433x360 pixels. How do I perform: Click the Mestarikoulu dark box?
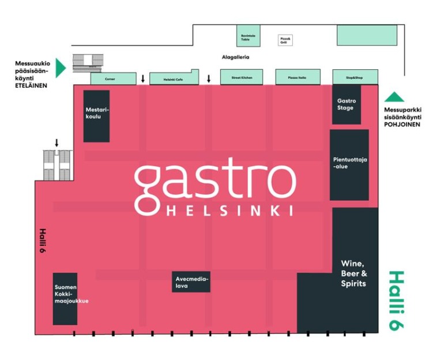pyautogui.click(x=96, y=116)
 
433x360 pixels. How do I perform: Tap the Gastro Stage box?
pyautogui.click(x=347, y=104)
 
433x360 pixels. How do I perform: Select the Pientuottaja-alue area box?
pyautogui.click(x=349, y=164)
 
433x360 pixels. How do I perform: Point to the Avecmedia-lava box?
pyautogui.click(x=191, y=281)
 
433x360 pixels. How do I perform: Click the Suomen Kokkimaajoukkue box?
pyautogui.click(x=65, y=298)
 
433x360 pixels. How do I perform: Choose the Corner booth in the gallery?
pyautogui.click(x=111, y=79)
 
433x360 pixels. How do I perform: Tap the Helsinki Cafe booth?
pyautogui.click(x=174, y=78)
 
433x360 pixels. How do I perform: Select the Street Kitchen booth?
pyautogui.click(x=242, y=77)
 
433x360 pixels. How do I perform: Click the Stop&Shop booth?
pyautogui.click(x=355, y=76)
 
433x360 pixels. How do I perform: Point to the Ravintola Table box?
pyautogui.click(x=248, y=36)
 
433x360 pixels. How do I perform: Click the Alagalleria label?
pyautogui.click(x=235, y=57)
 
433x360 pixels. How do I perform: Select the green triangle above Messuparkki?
pyautogui.click(x=395, y=97)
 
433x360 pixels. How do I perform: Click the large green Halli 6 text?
pyautogui.click(x=396, y=300)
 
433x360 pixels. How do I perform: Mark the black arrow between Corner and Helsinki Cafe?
pyautogui.click(x=142, y=78)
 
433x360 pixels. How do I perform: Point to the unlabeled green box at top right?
pyautogui.click(x=367, y=35)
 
